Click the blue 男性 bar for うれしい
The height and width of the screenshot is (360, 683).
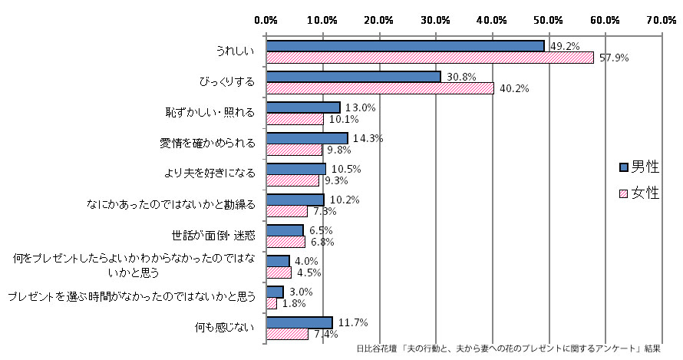pyautogui.click(x=404, y=46)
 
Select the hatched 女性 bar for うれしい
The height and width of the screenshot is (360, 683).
pyautogui.click(x=429, y=58)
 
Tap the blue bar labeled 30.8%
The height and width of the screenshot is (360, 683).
pyautogui.click(x=353, y=77)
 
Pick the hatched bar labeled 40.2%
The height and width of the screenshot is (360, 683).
pyautogui.click(x=379, y=88)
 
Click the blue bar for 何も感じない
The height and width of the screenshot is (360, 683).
pyautogui.click(x=299, y=322)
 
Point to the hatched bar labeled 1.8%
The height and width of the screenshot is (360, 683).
pyautogui.click(x=271, y=303)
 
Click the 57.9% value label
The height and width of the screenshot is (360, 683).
pyautogui.click(x=614, y=58)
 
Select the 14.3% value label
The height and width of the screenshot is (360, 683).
pyautogui.click(x=366, y=138)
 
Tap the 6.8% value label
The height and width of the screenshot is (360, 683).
pyautogui.click(x=322, y=242)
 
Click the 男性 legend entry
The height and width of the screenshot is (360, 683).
pyautogui.click(x=639, y=167)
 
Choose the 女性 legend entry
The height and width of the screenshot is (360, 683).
pyautogui.click(x=639, y=193)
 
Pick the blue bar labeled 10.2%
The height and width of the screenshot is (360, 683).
pyautogui.click(x=295, y=200)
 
